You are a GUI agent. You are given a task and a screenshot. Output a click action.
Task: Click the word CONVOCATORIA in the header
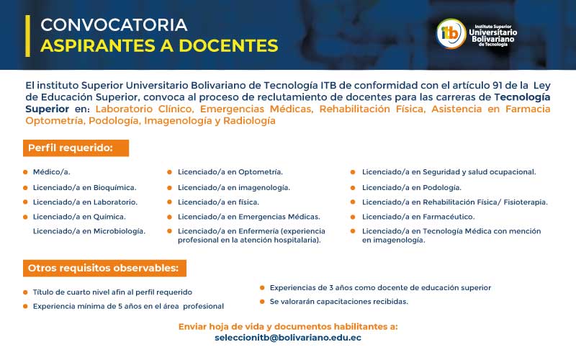coord(114,24)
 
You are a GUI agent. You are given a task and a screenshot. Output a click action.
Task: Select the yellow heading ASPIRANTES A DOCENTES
coord(159,45)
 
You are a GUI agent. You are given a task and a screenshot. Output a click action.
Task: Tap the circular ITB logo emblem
coord(451,33)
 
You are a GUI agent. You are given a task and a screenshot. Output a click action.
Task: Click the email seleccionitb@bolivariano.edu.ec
coord(288,337)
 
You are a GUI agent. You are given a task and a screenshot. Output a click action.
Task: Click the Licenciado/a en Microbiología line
coord(89,231)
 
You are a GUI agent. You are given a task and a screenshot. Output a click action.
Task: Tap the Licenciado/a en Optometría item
coord(230,172)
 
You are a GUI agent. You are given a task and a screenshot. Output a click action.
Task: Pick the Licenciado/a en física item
coord(219,202)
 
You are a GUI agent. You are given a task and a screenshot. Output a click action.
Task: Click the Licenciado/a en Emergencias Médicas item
coord(248,217)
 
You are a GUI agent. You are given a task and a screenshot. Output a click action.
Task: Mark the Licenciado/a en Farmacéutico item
coord(418,217)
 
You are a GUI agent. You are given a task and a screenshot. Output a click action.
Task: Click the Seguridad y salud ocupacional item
coord(449,172)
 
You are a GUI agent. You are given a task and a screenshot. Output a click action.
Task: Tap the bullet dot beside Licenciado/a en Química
coord(25,217)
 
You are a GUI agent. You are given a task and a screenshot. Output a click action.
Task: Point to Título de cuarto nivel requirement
coord(112,292)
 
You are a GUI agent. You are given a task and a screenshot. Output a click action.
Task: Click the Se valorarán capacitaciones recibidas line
coord(338,301)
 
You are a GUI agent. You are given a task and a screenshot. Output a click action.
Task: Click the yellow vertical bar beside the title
coord(27,35)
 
